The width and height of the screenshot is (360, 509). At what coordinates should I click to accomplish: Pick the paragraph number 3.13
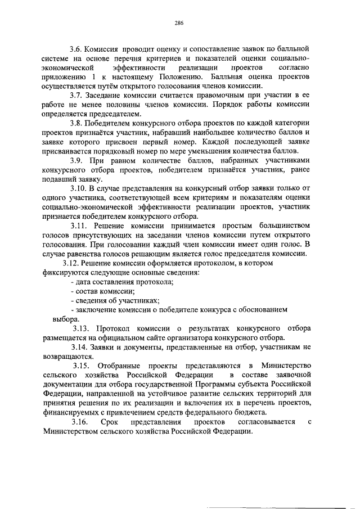(80, 328)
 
